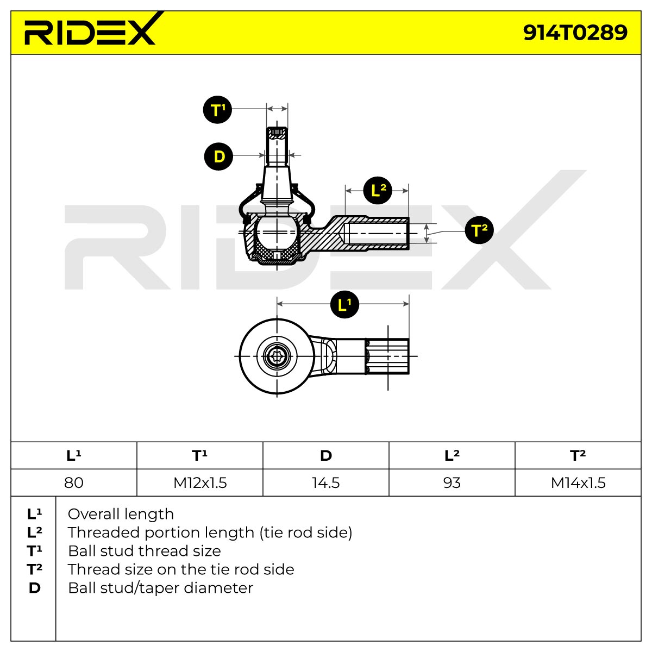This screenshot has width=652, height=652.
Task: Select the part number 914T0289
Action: pos(575,33)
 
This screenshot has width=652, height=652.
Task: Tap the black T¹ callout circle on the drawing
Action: pos(217,110)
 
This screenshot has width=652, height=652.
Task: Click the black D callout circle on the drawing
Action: pos(218,156)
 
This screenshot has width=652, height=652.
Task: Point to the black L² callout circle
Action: pos(378,190)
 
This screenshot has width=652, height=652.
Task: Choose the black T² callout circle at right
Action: pos(479,230)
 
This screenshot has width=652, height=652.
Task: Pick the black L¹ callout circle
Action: pos(344,304)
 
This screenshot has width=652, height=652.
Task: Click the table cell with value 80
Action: pos(74,482)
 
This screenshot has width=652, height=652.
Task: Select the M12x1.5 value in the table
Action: pos(200,482)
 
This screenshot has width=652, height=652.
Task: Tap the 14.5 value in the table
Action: pos(326,482)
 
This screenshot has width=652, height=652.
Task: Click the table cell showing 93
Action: pos(452,482)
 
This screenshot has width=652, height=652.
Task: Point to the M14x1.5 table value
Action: pos(578,482)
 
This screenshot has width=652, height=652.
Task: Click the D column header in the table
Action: pos(326,455)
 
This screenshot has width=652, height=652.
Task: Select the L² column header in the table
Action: pos(452,455)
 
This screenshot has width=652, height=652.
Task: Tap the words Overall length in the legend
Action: pos(121,515)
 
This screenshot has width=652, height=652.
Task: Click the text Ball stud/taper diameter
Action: pos(160,588)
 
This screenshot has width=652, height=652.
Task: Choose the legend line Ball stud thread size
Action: pos(145,551)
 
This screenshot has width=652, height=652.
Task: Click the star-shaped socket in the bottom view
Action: pos(277,356)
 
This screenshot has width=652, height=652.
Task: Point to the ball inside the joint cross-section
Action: pos(277,232)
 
